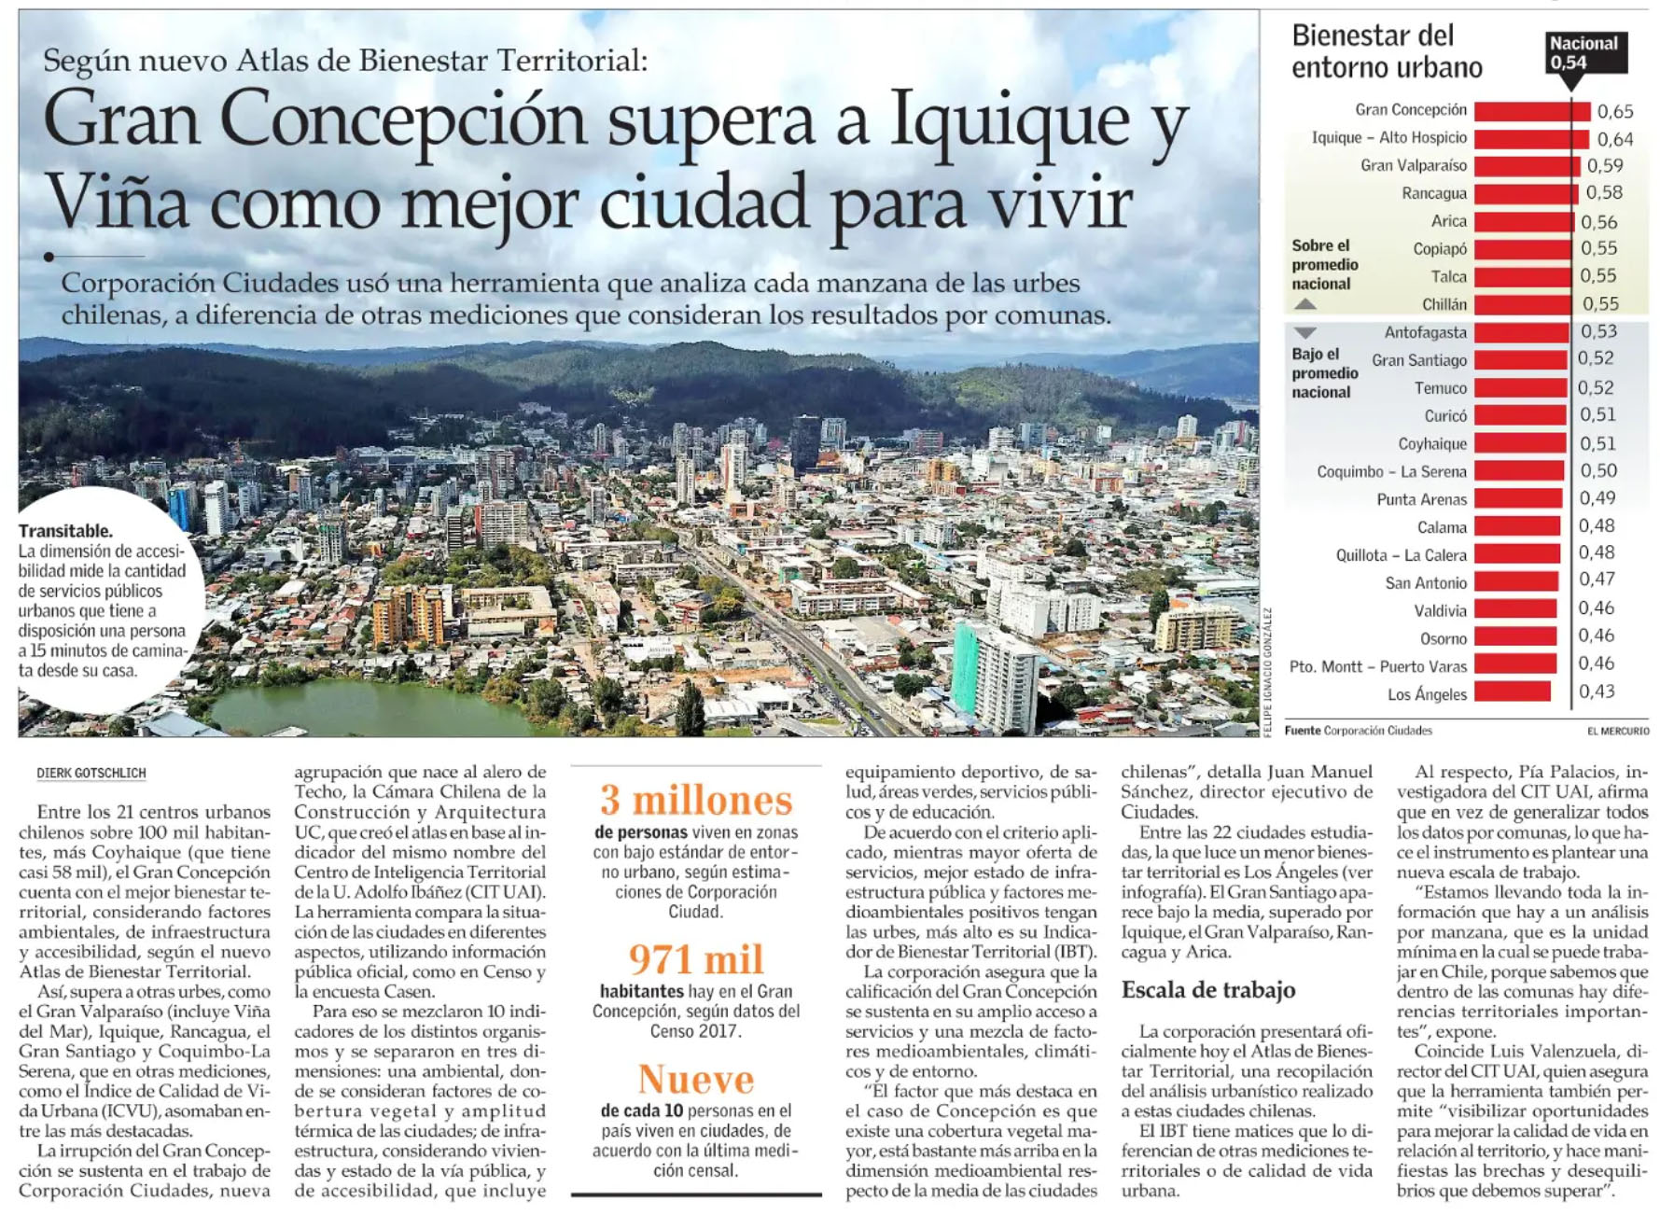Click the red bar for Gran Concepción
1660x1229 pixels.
point(1531,111)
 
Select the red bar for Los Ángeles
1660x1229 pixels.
point(1512,691)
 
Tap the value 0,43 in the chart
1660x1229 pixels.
point(1597,691)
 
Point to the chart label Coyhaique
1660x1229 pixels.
point(1431,444)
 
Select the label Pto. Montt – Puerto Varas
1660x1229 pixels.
point(1377,666)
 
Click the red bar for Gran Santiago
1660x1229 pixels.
point(1520,360)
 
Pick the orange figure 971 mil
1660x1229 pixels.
point(696,959)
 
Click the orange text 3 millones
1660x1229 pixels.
point(696,801)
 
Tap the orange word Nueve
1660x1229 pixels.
point(696,1080)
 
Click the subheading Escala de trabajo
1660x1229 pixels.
point(1208,990)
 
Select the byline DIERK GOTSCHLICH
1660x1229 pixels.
point(91,774)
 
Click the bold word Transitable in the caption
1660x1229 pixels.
point(65,531)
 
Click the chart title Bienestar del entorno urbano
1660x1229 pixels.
point(1387,51)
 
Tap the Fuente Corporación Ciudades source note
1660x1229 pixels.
point(1358,731)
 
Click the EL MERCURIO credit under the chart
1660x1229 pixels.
point(1617,731)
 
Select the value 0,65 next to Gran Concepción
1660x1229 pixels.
point(1615,112)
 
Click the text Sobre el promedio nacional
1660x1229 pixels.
point(1324,265)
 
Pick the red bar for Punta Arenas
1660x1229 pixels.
point(1518,499)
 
